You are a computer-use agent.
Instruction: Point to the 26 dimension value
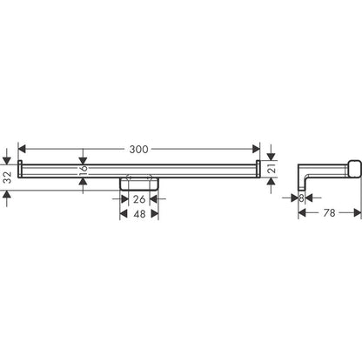pos(137,199)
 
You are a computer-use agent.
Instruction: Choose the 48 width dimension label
pos(137,215)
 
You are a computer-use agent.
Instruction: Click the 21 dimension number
pos(271,168)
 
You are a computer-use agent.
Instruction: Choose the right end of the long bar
pos(258,167)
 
